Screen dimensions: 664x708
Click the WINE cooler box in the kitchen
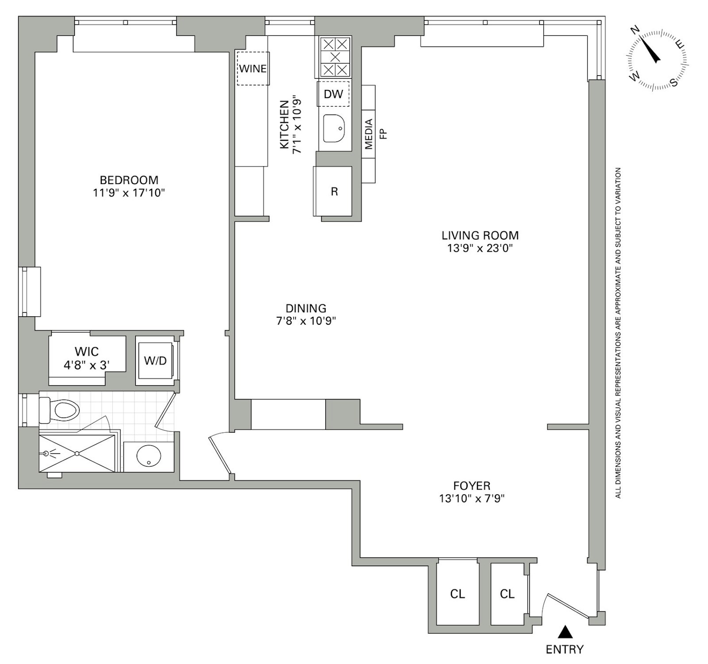253,69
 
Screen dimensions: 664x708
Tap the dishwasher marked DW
333,94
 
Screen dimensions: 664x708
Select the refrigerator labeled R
334,191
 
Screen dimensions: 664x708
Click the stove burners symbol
335,57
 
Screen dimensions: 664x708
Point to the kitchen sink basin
334,129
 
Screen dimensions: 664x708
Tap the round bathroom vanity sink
149,456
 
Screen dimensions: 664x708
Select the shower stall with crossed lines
77,453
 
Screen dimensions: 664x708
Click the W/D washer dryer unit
155,361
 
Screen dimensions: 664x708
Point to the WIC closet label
87,352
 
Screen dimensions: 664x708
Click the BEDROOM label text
129,180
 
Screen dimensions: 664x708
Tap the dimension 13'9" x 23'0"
480,248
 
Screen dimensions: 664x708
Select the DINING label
306,308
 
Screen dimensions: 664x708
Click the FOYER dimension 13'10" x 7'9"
472,499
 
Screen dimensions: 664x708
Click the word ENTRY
564,649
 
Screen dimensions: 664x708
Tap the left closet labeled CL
457,594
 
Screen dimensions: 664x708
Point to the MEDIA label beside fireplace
369,134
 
